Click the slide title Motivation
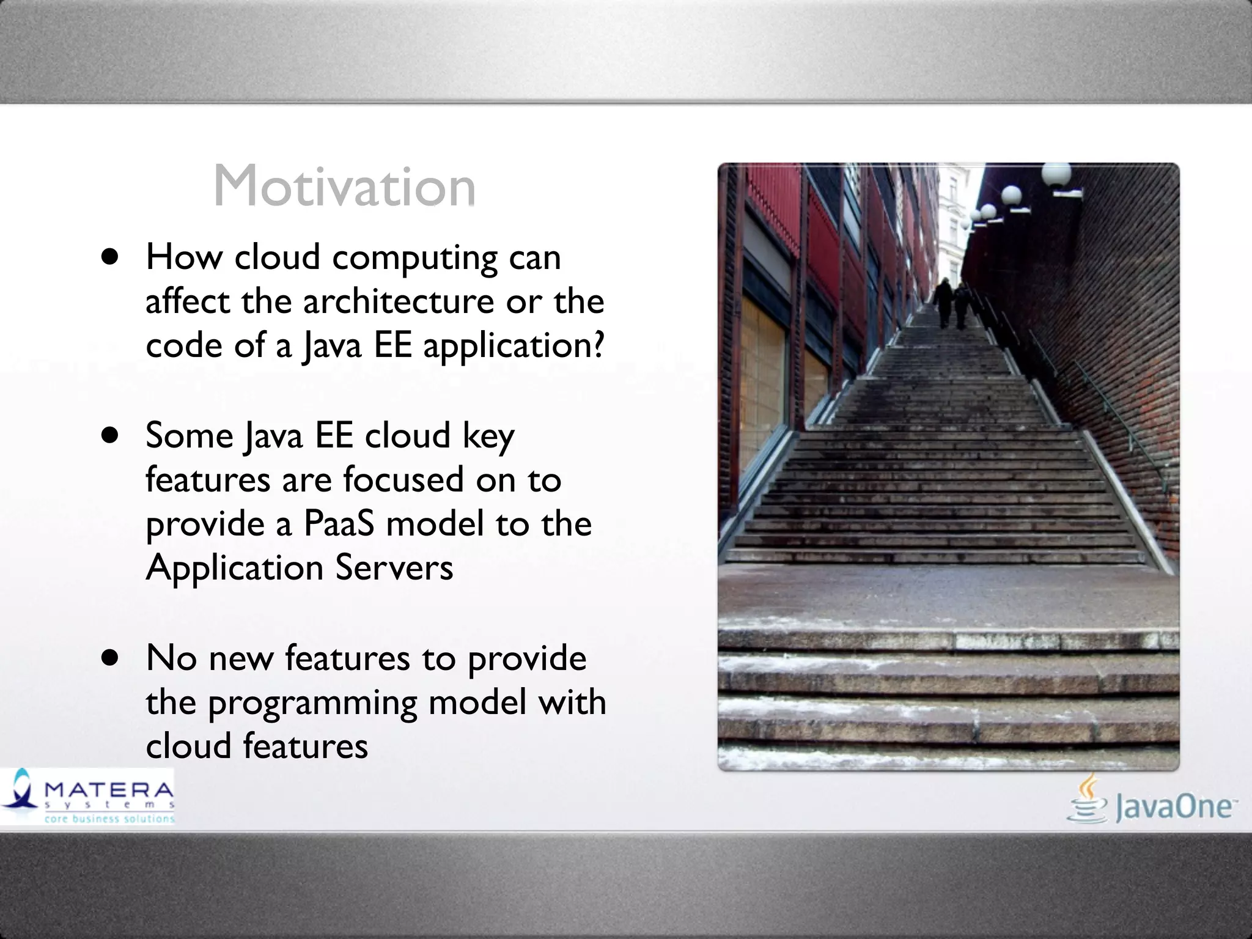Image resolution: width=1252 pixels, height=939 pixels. (344, 186)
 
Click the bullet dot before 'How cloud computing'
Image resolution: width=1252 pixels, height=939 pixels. (110, 257)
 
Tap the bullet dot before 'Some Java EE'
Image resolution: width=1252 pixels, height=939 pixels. (110, 436)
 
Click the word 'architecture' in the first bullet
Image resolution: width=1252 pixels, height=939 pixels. (399, 301)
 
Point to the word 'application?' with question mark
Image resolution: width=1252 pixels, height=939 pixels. (514, 346)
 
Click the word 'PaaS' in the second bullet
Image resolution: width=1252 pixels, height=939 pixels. (338, 524)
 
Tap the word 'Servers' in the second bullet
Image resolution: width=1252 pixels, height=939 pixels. (394, 567)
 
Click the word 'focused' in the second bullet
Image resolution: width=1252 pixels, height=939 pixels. (403, 479)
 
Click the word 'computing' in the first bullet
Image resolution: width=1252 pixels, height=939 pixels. (415, 258)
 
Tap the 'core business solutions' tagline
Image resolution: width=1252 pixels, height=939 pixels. (109, 819)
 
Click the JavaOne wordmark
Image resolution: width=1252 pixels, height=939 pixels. (1173, 807)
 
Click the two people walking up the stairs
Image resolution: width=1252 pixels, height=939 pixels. (952, 303)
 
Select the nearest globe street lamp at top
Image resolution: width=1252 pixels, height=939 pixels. (1056, 175)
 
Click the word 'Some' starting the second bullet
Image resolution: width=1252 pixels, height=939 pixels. (189, 436)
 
